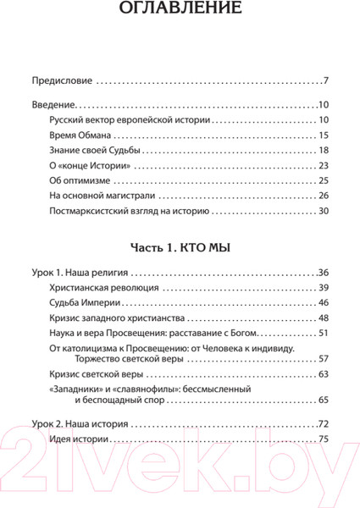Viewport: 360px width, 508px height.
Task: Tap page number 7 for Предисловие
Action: click(x=325, y=82)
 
